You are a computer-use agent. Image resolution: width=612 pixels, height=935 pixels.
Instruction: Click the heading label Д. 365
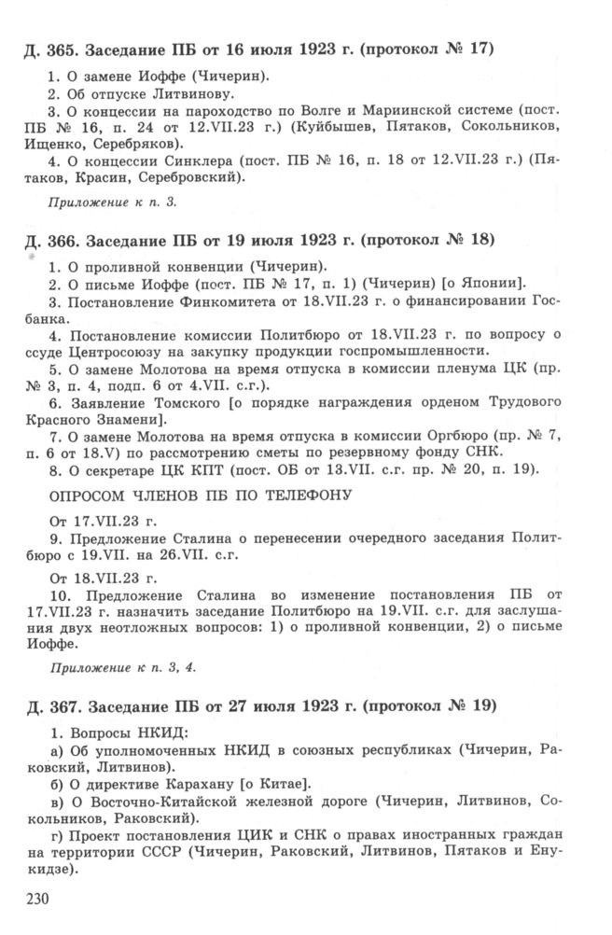tap(50, 48)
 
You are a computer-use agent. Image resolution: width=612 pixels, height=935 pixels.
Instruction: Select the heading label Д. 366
tap(50, 241)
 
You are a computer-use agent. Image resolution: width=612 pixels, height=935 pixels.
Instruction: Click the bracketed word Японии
tap(493, 284)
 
